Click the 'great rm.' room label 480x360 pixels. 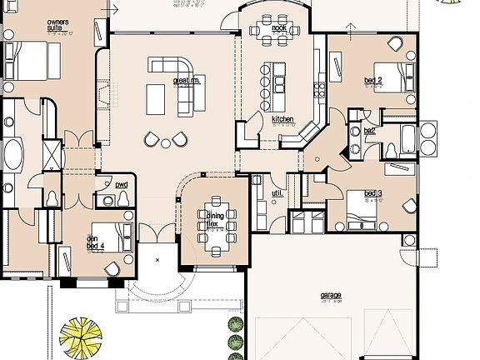(184, 82)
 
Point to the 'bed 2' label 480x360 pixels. (372, 81)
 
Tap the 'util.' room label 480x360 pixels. (277, 193)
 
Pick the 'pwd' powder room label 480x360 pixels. (122, 184)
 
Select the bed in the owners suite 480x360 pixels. (27, 59)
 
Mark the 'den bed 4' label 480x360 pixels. (93, 241)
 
